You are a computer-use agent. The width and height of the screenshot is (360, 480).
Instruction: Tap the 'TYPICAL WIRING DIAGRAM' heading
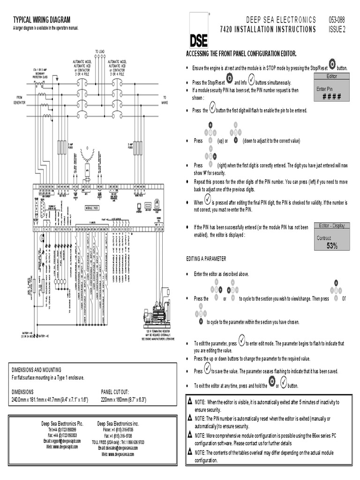click(42, 20)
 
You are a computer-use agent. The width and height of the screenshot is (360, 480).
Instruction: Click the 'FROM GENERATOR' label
click(19, 100)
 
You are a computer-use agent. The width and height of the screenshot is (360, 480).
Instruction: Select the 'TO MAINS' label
click(165, 99)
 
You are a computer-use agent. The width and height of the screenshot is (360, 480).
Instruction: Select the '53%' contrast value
click(332, 246)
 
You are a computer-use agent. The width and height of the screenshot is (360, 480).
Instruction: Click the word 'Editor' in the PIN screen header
click(331, 76)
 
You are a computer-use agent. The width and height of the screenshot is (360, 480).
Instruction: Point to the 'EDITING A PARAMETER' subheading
click(206, 259)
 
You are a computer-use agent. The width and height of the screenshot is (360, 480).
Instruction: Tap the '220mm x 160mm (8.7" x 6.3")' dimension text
click(124, 399)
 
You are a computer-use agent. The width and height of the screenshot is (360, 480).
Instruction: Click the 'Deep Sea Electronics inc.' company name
click(114, 423)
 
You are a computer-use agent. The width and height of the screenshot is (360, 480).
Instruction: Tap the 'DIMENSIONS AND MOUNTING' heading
click(37, 369)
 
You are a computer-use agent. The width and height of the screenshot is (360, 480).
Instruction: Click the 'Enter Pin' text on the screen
click(324, 89)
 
